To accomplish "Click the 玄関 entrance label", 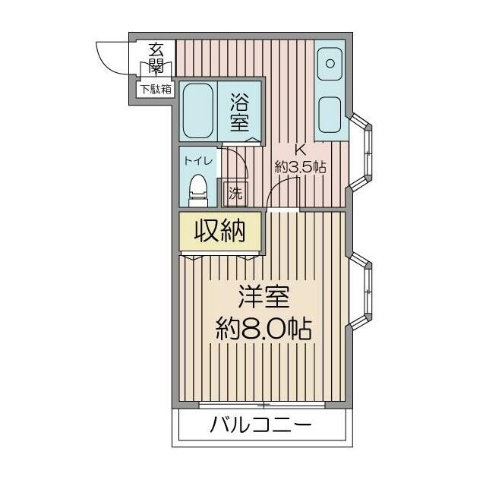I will (x=156, y=58).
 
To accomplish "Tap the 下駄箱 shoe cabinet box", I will (x=156, y=89).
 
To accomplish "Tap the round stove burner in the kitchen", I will (x=330, y=63).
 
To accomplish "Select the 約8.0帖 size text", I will (x=263, y=329).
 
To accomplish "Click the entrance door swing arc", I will (x=114, y=58).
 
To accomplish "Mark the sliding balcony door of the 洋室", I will (x=261, y=403).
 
